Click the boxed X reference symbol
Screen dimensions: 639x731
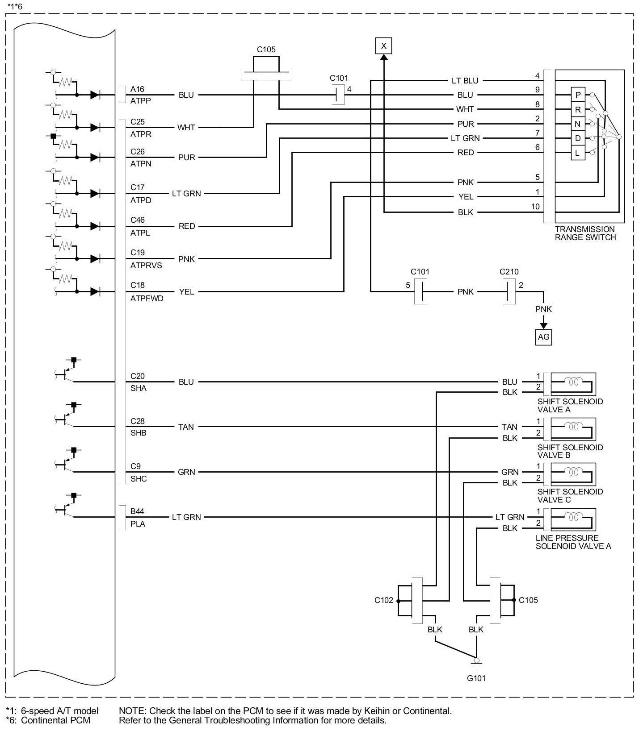coord(383,46)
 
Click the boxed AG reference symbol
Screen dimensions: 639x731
coord(543,337)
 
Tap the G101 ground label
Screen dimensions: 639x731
coord(476,678)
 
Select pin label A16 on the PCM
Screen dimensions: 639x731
coord(138,89)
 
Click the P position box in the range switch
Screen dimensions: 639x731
coord(578,95)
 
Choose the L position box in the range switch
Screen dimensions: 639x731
coord(578,153)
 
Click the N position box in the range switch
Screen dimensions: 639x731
coord(578,124)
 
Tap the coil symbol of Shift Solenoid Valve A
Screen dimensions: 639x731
coord(573,382)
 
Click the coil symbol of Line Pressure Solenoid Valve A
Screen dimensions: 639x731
coord(573,517)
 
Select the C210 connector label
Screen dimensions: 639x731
coord(509,272)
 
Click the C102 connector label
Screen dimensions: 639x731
coord(384,600)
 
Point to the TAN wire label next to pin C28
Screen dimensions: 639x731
coord(186,427)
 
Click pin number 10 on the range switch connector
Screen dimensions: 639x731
coord(535,207)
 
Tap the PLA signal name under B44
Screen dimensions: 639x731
coord(138,524)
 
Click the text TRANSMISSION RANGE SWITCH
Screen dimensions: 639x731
coord(585,233)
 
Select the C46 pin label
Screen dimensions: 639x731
coord(138,220)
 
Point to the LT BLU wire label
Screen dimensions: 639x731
coord(465,81)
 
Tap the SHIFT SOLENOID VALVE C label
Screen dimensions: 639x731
coord(570,496)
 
